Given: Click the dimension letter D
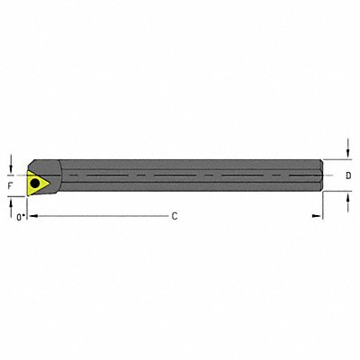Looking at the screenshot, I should pyautogui.click(x=349, y=177).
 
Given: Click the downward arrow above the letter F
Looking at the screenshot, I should pyautogui.click(x=11, y=164).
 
